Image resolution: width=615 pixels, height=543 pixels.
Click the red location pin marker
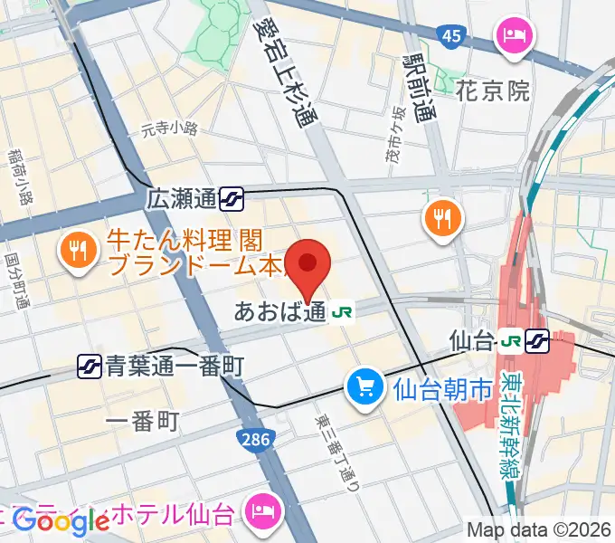[308, 264]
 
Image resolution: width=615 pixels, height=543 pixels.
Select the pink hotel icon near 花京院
[516, 37]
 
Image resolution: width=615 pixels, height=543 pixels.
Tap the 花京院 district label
[492, 90]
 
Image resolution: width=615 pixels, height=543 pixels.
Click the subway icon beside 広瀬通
[233, 196]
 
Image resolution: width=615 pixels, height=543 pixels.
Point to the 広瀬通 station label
[182, 197]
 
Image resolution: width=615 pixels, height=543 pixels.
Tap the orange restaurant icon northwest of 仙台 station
[442, 218]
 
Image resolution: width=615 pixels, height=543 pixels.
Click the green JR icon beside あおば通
[343, 312]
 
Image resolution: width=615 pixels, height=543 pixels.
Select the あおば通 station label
[279, 312]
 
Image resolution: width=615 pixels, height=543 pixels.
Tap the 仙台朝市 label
[442, 390]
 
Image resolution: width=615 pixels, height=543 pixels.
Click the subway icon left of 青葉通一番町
[90, 367]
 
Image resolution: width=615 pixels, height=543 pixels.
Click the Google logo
[61, 521]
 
